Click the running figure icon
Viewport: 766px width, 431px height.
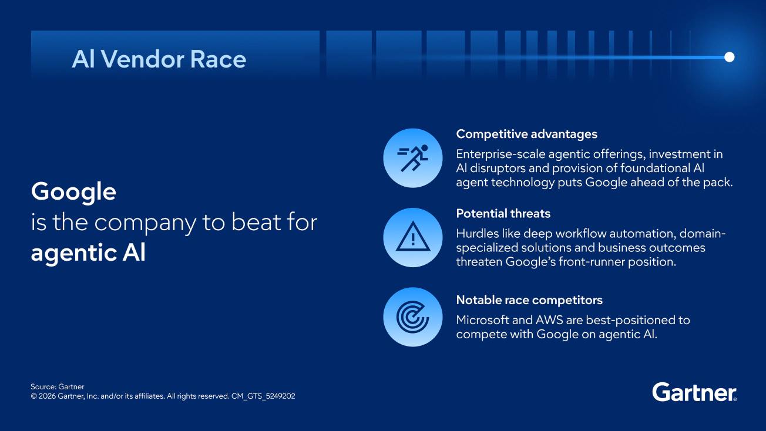coord(413,158)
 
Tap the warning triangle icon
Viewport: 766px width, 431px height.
coord(413,237)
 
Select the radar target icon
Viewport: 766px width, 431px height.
coord(412,317)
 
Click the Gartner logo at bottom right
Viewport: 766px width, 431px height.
coord(694,392)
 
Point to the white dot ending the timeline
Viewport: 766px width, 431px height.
coord(730,57)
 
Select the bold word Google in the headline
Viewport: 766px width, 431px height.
coord(73,191)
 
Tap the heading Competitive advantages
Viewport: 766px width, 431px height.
coord(526,134)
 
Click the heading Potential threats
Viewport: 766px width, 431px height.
coord(503,213)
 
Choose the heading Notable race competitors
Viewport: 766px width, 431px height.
coord(529,299)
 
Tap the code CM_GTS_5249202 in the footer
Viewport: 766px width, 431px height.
coord(263,396)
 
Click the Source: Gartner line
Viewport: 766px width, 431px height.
coord(57,386)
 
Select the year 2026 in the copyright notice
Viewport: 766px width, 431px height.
coord(47,396)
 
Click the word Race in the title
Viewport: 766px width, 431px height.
coord(218,59)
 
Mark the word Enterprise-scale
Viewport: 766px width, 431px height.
coord(500,154)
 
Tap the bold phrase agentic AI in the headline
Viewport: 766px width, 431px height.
coord(88,253)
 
